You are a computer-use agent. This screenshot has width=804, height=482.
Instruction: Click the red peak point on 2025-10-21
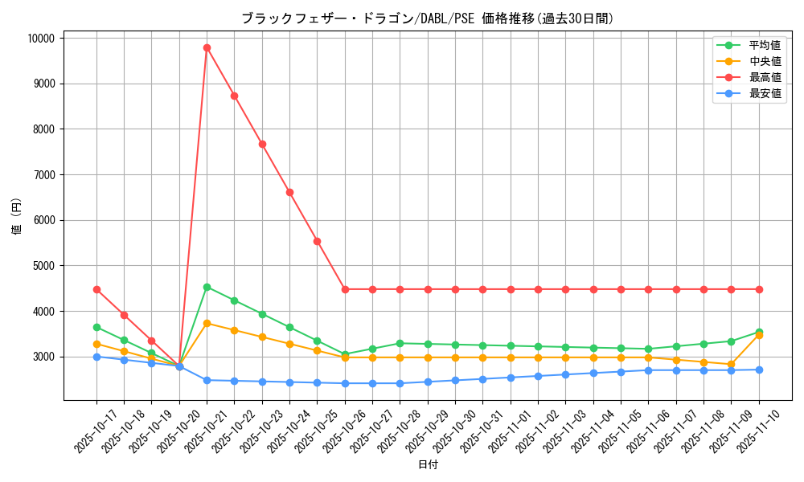(207, 47)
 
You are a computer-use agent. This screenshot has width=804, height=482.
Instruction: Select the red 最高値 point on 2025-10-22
(234, 96)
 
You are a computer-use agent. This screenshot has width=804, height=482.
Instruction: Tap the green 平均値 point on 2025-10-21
(207, 287)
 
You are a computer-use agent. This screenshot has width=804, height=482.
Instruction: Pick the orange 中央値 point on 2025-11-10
(759, 335)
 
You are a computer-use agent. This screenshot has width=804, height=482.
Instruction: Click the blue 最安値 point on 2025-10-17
(96, 357)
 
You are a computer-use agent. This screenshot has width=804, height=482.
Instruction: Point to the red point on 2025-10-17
(96, 289)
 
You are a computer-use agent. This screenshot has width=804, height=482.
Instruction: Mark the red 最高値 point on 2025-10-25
(317, 241)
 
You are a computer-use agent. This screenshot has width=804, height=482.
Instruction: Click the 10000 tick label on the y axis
(40, 38)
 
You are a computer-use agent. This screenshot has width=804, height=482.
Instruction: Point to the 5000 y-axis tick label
(43, 266)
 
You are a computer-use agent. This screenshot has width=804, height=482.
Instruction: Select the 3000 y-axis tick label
(43, 357)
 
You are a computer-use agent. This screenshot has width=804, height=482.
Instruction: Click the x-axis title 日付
(428, 464)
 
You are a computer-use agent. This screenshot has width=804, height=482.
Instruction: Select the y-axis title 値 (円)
(17, 218)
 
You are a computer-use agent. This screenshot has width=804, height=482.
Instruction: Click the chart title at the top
(428, 18)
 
